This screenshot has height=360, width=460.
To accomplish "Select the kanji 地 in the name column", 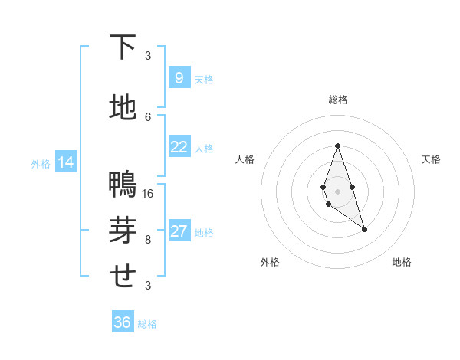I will pos(123,108).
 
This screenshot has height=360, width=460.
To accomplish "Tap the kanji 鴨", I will pos(123,185).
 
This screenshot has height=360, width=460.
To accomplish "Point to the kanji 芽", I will pos(123,231).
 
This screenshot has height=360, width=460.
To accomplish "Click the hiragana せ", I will pos(123,276).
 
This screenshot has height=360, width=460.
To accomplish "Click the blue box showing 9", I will pos(179,78).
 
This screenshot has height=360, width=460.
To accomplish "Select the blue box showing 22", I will pos(179,148).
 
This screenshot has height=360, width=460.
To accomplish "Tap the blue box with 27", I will pos(179,232).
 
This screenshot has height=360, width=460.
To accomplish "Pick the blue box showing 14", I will pos(66,162).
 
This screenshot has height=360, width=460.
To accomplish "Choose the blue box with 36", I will pos(123,322).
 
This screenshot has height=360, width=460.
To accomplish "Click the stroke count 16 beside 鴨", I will pos(149,193).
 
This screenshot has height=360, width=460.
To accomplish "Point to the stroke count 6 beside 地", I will pos(148,116).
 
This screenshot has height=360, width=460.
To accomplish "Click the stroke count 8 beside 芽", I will pos(148,239).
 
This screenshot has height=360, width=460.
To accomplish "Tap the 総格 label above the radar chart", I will pos(337,100).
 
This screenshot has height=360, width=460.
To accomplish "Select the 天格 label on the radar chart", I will pos(432,159).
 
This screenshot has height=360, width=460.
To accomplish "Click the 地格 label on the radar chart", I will pos(402,262).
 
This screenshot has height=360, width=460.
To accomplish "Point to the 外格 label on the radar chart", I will pos(270,262).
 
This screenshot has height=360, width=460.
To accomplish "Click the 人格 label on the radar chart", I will pos(245,159).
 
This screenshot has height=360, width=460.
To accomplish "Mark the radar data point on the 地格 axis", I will pos(364,229).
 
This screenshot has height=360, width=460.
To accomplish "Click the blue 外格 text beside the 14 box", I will pos(40,163).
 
